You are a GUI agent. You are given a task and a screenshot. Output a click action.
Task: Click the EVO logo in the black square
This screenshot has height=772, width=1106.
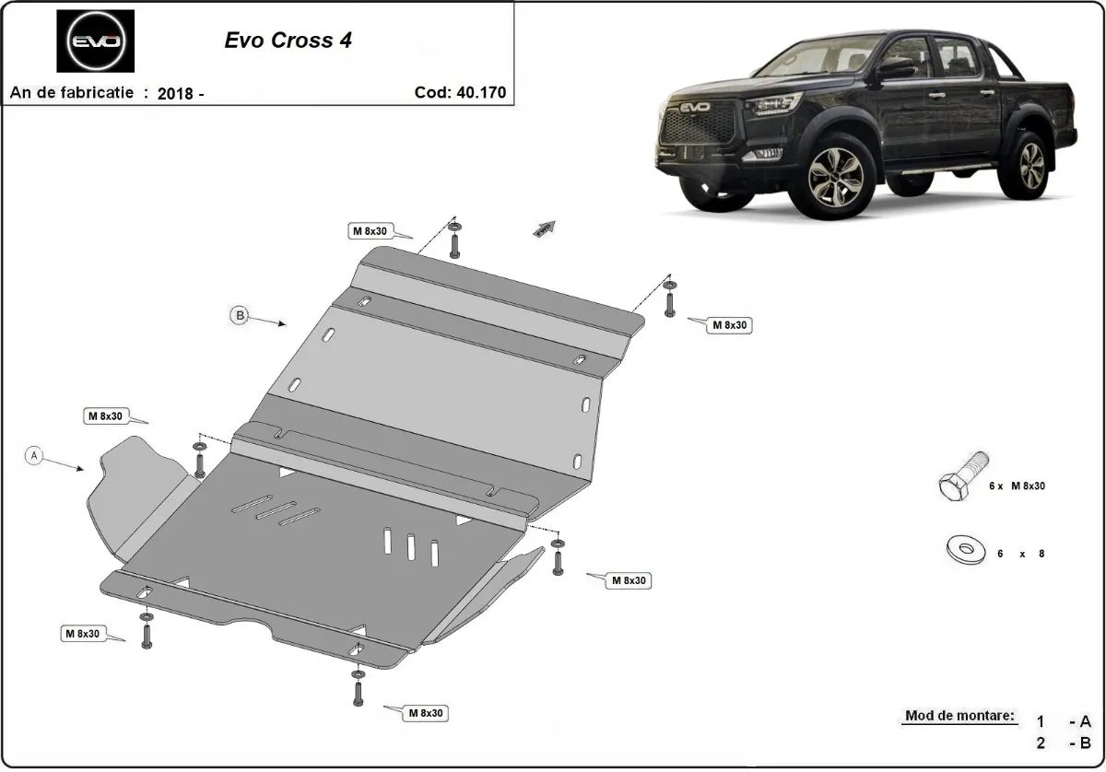95,41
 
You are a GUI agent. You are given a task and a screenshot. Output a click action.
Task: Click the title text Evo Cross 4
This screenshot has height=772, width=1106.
288,41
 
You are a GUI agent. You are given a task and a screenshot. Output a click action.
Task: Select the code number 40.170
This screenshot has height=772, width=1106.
480,93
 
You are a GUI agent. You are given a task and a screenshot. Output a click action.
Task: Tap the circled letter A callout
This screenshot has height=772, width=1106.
34,455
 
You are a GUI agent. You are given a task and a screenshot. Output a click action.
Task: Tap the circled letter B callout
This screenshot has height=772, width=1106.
239,315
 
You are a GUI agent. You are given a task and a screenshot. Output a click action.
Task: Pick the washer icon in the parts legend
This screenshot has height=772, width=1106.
965,552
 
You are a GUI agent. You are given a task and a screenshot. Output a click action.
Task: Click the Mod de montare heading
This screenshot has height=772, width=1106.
959,716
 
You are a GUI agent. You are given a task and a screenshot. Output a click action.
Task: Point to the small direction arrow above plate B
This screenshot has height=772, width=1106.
544,229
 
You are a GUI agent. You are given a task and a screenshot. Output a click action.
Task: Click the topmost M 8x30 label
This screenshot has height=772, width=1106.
369,231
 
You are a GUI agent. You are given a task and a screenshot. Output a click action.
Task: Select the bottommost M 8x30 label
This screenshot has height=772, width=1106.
425,713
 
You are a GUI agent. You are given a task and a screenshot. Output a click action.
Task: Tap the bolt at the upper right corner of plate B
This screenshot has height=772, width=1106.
670,298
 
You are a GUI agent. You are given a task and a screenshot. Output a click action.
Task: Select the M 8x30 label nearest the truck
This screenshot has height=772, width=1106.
729,325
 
